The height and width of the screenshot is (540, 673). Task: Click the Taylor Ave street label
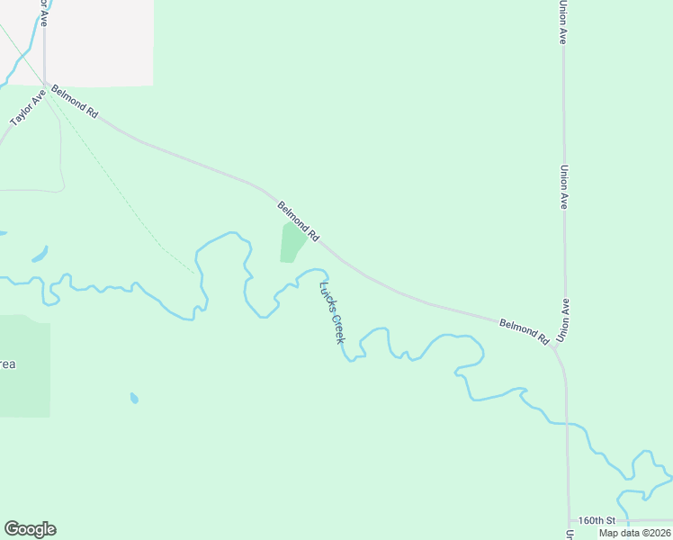coord(27,106)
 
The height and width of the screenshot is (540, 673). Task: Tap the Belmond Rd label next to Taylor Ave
coord(75,102)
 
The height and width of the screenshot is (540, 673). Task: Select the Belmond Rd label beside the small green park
coord(298,220)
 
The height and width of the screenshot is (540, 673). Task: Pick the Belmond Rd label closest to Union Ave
coord(524,330)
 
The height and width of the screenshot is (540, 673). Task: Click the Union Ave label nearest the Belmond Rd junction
coord(563,319)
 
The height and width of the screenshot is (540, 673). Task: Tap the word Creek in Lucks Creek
coord(336,328)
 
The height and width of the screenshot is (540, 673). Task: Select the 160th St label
coord(596,520)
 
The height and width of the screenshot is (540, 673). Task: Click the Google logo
coord(30,529)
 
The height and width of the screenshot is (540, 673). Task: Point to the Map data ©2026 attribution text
coord(634,533)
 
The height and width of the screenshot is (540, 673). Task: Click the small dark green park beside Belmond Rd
coord(292,243)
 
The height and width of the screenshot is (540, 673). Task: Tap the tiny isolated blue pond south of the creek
coord(134,397)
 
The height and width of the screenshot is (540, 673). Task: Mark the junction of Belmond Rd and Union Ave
coord(555,346)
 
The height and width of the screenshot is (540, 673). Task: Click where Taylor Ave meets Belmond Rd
coord(45,84)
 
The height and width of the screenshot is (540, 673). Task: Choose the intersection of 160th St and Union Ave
coord(569,521)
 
